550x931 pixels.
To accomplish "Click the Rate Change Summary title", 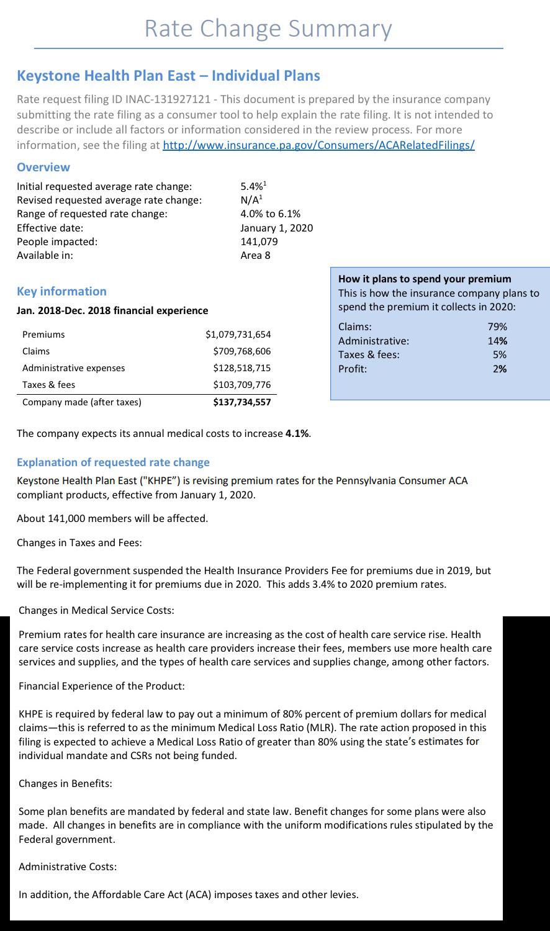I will [x=268, y=29].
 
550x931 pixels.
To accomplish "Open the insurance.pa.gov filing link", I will [x=318, y=145].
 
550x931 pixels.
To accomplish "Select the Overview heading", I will [x=43, y=167].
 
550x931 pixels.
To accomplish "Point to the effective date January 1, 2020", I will [x=276, y=228].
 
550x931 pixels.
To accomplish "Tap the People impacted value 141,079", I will [x=259, y=241].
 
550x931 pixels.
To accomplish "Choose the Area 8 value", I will [x=255, y=255].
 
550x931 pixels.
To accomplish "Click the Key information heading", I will [x=61, y=291].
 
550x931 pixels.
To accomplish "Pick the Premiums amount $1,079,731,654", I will [x=238, y=335].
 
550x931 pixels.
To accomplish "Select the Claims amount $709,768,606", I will [x=241, y=351].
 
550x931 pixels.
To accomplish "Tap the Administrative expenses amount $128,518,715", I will [x=241, y=368].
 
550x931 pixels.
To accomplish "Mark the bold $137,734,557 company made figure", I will [x=241, y=402].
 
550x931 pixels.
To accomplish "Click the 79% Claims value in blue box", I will [x=497, y=326].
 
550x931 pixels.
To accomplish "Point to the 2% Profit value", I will [x=500, y=369].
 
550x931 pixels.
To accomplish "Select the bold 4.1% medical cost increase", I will [x=297, y=433].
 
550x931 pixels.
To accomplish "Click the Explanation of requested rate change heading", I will [x=113, y=462].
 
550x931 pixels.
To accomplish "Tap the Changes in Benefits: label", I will [x=65, y=783].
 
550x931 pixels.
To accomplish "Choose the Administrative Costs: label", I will [x=68, y=866].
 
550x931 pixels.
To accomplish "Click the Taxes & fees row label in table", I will [x=48, y=385].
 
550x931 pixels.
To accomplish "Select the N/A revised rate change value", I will [x=251, y=200].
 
